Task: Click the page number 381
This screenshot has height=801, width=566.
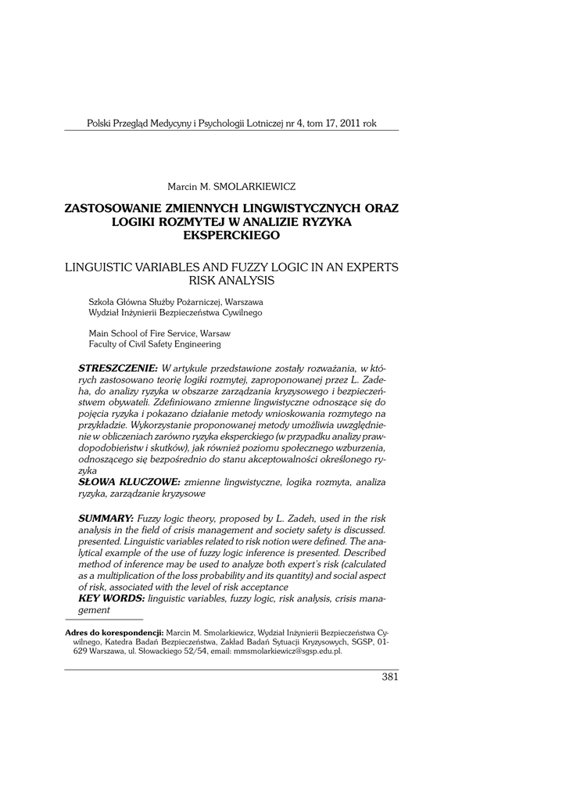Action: point(389,677)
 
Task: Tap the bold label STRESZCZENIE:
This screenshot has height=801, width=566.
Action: point(118,368)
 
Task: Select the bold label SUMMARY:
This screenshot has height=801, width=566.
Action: point(106,519)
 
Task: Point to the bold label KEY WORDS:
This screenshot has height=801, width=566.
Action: point(112,598)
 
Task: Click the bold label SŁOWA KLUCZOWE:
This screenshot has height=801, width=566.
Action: point(129,483)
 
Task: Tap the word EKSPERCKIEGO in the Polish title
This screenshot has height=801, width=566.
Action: point(231,235)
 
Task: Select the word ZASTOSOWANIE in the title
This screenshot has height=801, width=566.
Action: point(112,209)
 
